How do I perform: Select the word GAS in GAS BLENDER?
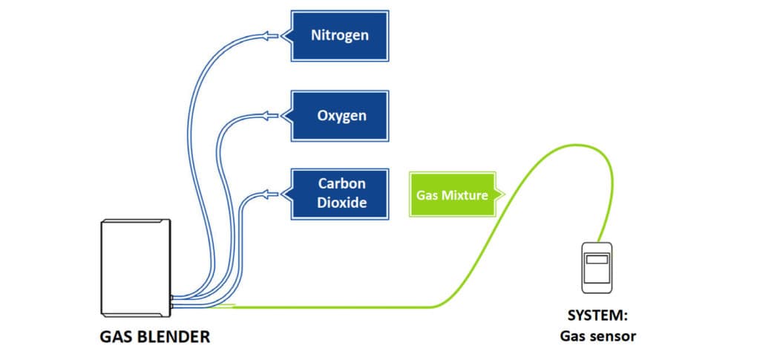(x=115, y=337)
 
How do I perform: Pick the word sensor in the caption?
(x=613, y=336)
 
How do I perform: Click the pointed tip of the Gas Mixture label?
(x=503, y=195)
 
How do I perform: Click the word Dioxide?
(x=342, y=202)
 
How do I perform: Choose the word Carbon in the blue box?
(x=342, y=183)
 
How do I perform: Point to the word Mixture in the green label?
(x=468, y=195)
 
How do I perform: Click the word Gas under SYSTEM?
(x=574, y=336)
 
